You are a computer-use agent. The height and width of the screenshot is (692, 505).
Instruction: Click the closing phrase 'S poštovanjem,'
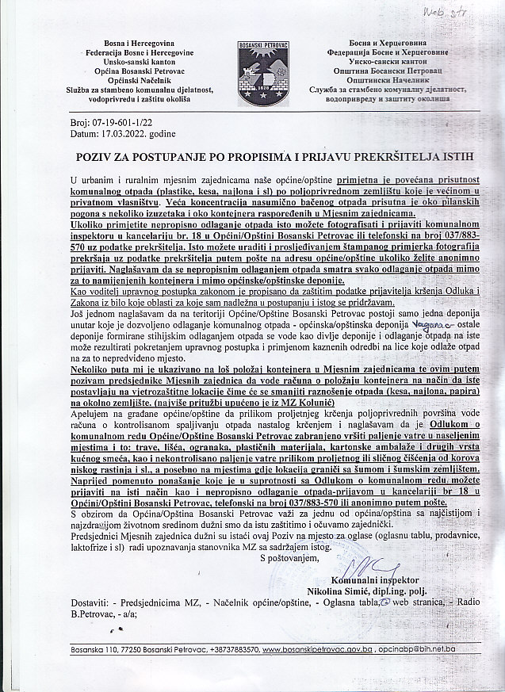(292, 557)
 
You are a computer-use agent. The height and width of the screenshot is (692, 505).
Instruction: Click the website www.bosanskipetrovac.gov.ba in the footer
(316, 648)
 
